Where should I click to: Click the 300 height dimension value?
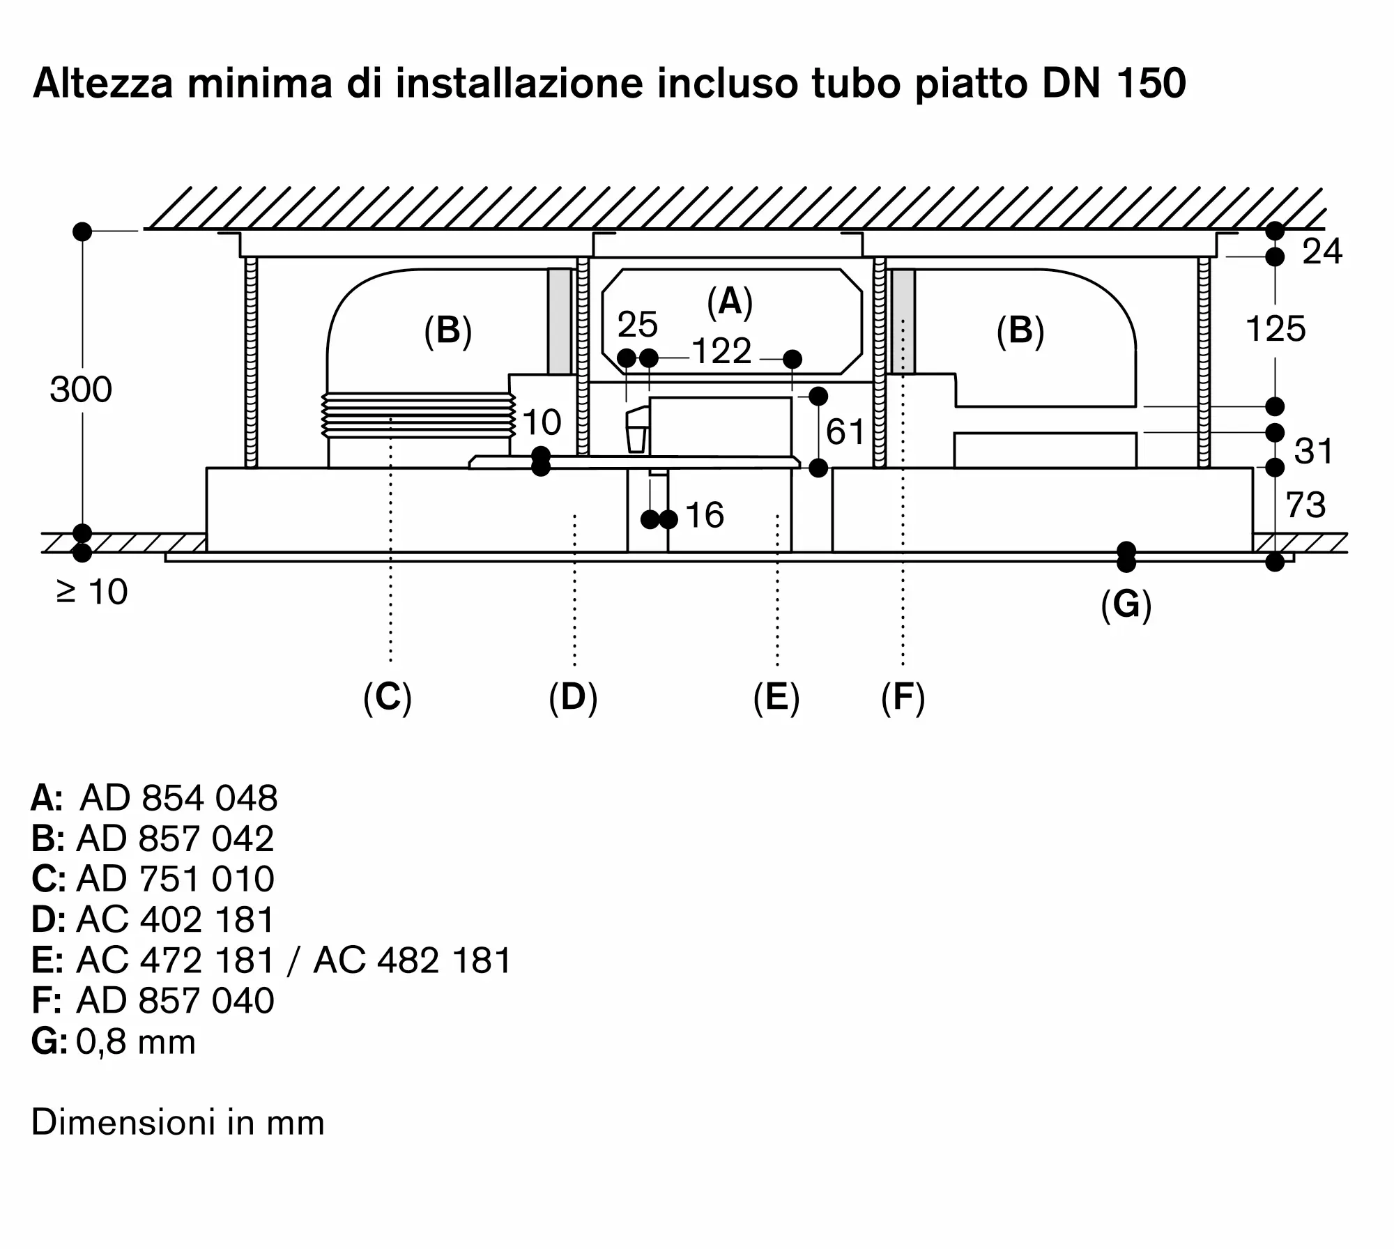(81, 390)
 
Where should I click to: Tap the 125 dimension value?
(1275, 329)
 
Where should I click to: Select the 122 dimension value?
(721, 351)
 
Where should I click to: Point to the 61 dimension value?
(845, 432)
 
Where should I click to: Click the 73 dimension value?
(1305, 505)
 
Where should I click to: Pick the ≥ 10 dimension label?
(92, 592)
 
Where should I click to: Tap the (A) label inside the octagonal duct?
(730, 302)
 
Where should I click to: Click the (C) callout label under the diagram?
(388, 697)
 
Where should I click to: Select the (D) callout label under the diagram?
(573, 697)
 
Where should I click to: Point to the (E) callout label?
(776, 697)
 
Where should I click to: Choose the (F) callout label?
(903, 697)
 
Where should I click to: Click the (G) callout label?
(1126, 604)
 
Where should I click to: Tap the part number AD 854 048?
(179, 798)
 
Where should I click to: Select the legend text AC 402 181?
(176, 920)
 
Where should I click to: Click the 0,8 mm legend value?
(136, 1042)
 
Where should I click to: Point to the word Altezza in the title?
(103, 83)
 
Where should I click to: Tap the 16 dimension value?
(705, 516)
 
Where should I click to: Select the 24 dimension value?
(1322, 252)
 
